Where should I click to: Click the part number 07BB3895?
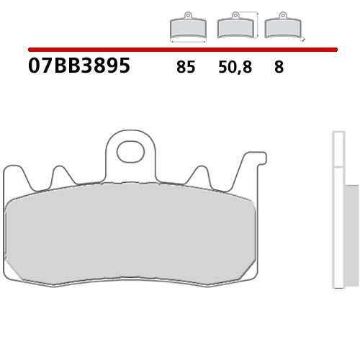click(x=79, y=67)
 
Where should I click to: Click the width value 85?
click(x=185, y=68)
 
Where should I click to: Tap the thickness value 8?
click(x=278, y=68)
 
